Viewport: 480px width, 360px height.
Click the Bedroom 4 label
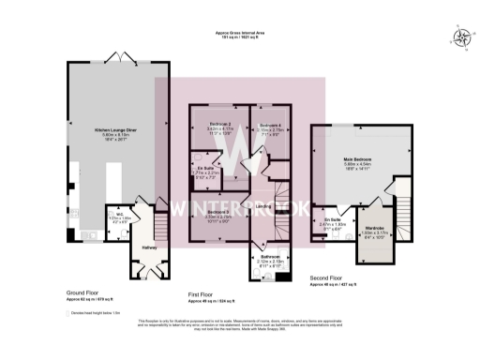(x=270, y=125)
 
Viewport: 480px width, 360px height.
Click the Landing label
(x=264, y=206)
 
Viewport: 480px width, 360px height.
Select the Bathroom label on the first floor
(x=271, y=256)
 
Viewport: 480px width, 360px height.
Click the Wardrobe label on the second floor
(x=377, y=227)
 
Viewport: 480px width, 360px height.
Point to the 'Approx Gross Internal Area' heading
(x=240, y=33)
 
